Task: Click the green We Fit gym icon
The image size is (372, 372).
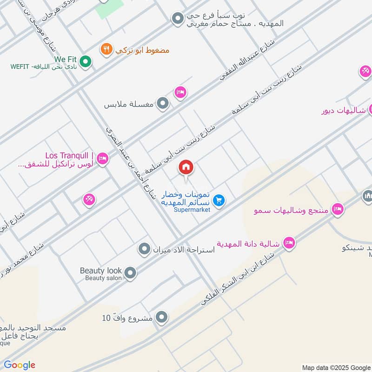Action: pos(85,61)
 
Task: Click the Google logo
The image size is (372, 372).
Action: pos(20,365)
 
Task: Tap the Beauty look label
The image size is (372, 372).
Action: pos(101,271)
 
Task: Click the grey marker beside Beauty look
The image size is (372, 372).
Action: pos(130,272)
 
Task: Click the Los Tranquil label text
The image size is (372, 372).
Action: pos(70,155)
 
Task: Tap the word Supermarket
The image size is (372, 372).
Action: pos(192,210)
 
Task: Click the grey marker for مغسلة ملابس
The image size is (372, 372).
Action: pos(162,103)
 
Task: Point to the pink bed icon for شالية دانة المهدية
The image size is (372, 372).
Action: pos(289,243)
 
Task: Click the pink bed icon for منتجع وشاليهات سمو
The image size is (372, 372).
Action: pos(338,209)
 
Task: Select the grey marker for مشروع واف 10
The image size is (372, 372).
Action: pos(161,318)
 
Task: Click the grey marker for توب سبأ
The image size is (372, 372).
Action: pos(177,19)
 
